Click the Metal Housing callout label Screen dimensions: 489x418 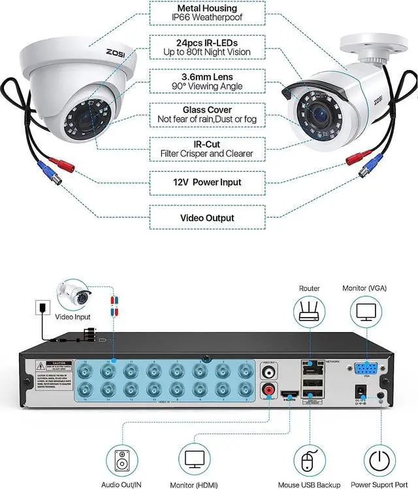[206, 13]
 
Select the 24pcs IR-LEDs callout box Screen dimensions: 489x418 [206, 47]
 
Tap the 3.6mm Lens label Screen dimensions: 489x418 [206, 81]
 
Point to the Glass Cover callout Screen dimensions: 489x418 [206, 115]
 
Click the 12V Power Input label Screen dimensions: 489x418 [206, 183]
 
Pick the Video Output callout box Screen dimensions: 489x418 [206, 217]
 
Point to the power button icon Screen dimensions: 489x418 [379, 460]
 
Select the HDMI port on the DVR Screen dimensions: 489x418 [289, 397]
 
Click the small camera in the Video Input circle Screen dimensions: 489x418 [77, 294]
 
